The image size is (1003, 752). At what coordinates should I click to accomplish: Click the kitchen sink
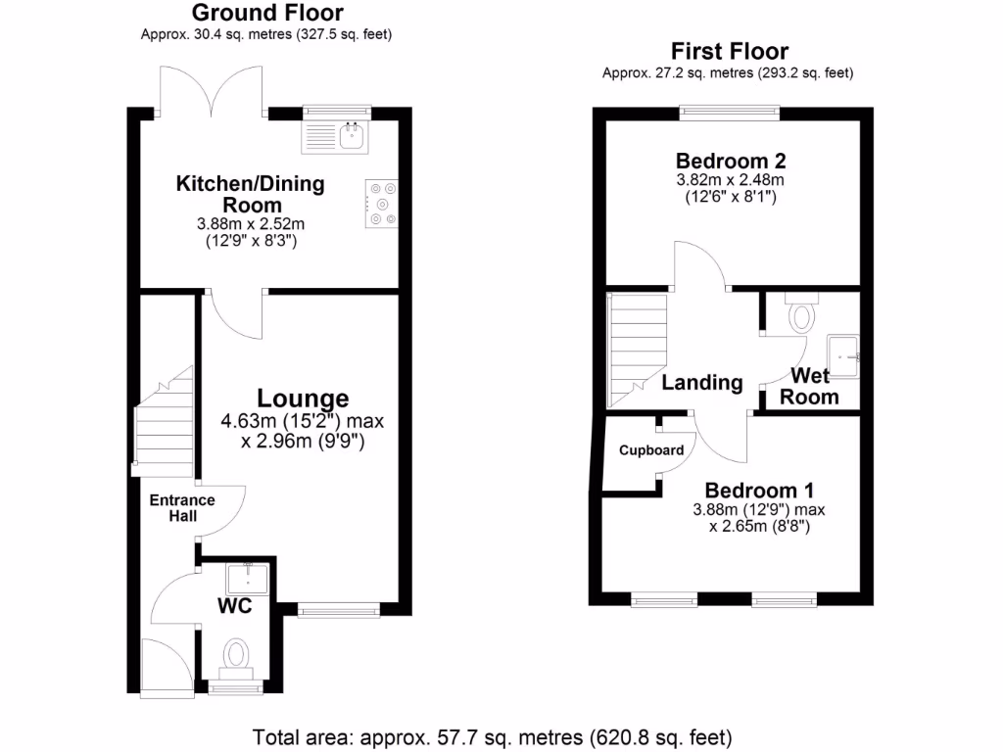(x=335, y=137)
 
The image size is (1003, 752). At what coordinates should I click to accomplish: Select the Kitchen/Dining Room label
(x=250, y=194)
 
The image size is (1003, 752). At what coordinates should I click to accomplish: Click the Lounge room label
(x=303, y=399)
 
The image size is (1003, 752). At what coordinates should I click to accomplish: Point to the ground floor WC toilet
(x=236, y=655)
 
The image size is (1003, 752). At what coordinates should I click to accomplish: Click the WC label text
(x=235, y=606)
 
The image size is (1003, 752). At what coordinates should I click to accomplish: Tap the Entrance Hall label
(x=181, y=508)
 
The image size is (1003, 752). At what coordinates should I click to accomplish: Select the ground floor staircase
(x=164, y=422)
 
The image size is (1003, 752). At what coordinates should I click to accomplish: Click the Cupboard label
(x=650, y=450)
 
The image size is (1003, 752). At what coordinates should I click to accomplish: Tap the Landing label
(x=701, y=383)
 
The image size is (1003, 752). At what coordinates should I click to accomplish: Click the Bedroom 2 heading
(x=731, y=162)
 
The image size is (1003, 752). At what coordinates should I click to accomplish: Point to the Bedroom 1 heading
(x=759, y=491)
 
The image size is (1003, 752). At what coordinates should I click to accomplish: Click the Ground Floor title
(x=267, y=13)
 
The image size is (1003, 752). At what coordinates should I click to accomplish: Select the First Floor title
(x=729, y=51)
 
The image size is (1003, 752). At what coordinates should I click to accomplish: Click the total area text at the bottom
(x=493, y=736)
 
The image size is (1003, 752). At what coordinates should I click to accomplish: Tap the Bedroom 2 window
(x=731, y=113)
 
